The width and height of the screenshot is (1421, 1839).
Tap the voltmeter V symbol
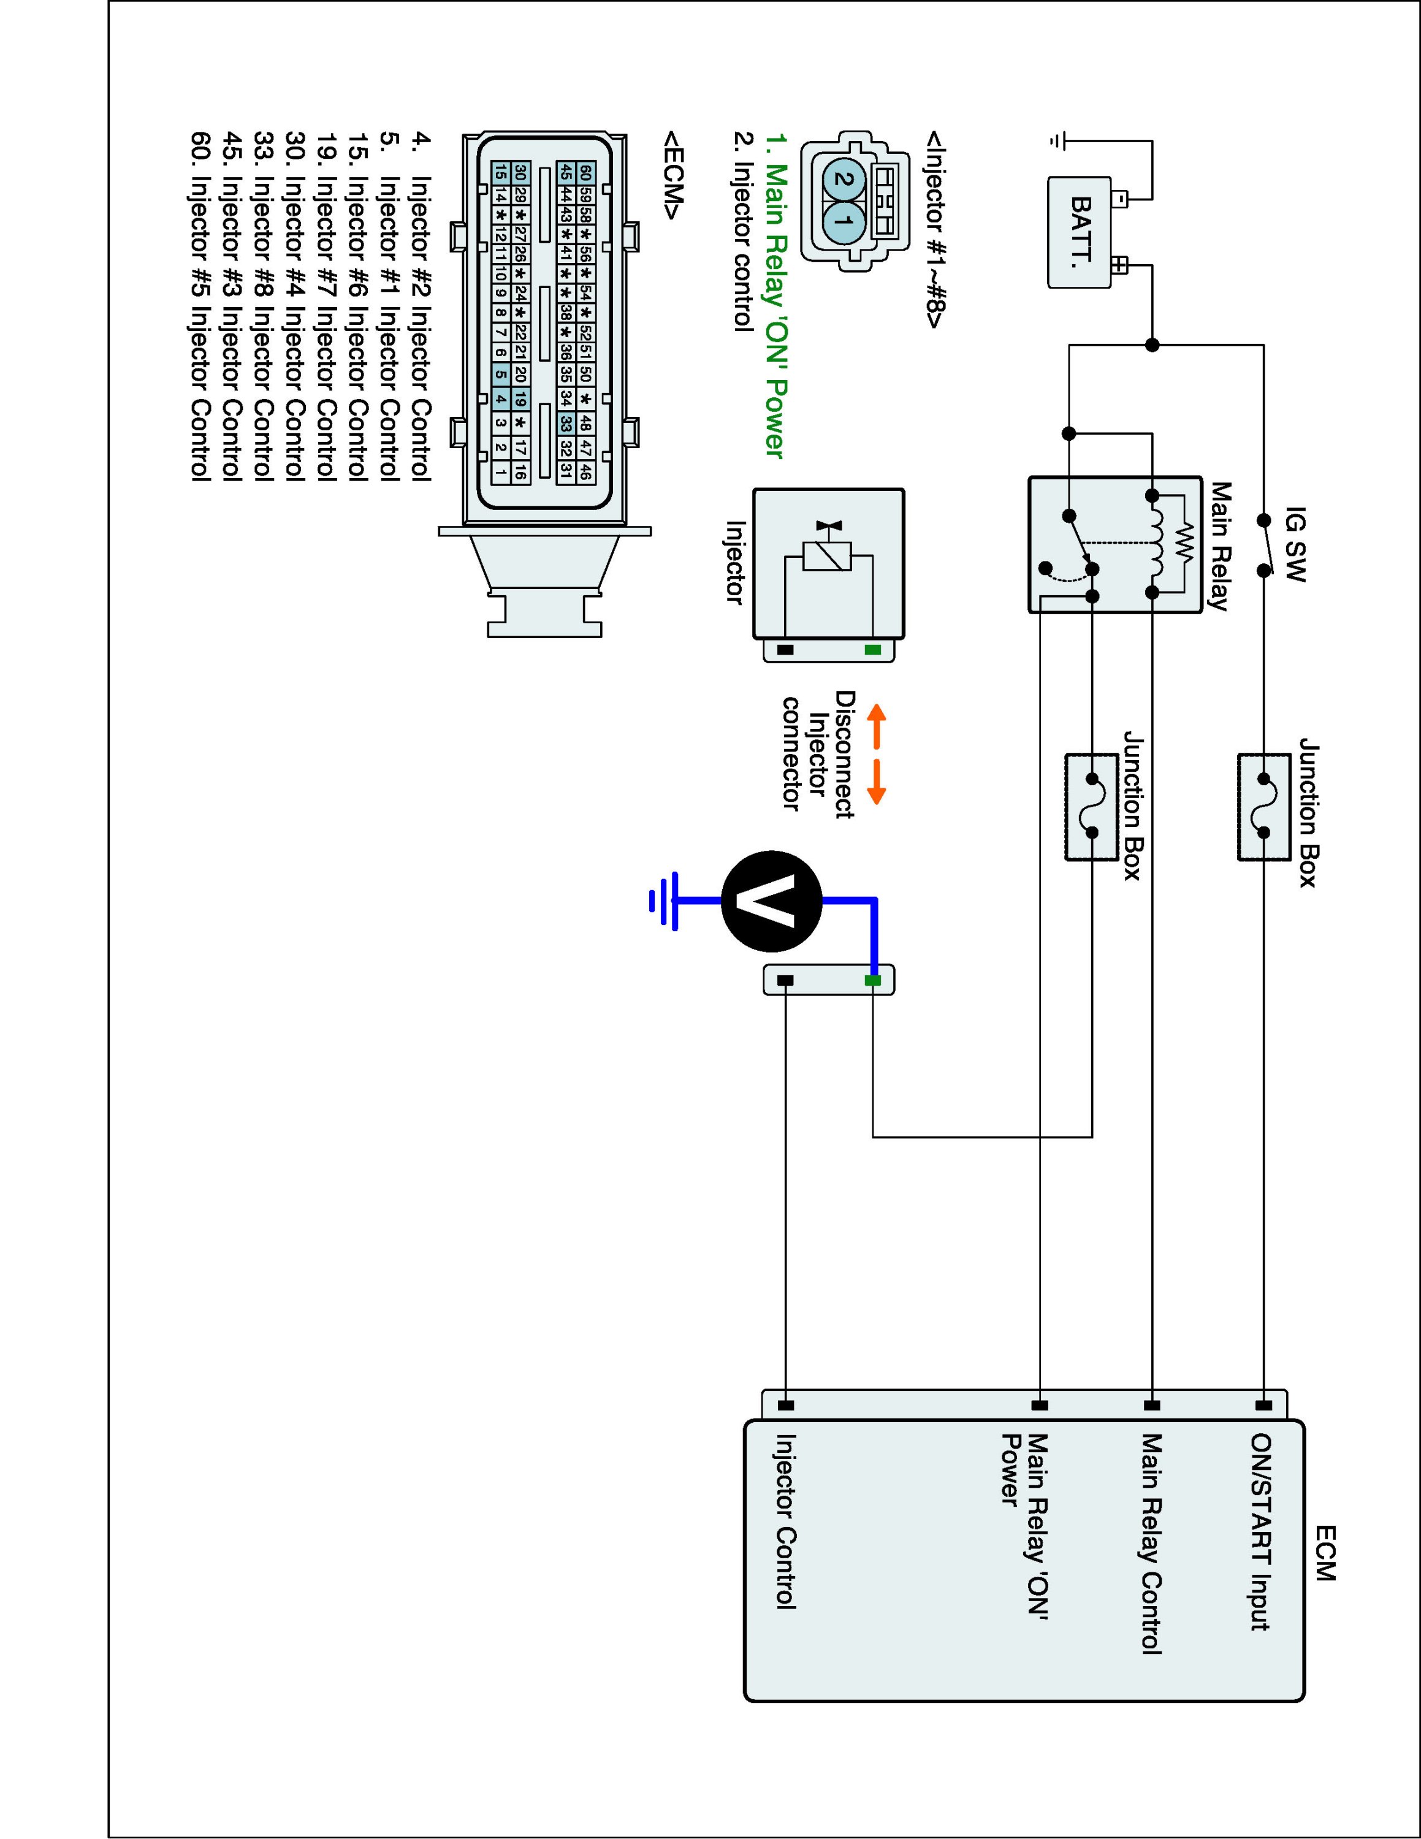click(770, 900)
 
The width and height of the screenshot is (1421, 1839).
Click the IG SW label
click(1295, 544)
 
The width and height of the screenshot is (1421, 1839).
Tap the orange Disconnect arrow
click(877, 753)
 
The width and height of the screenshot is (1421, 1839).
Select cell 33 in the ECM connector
click(566, 423)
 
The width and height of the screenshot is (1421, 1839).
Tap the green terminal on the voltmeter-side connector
click(873, 980)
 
